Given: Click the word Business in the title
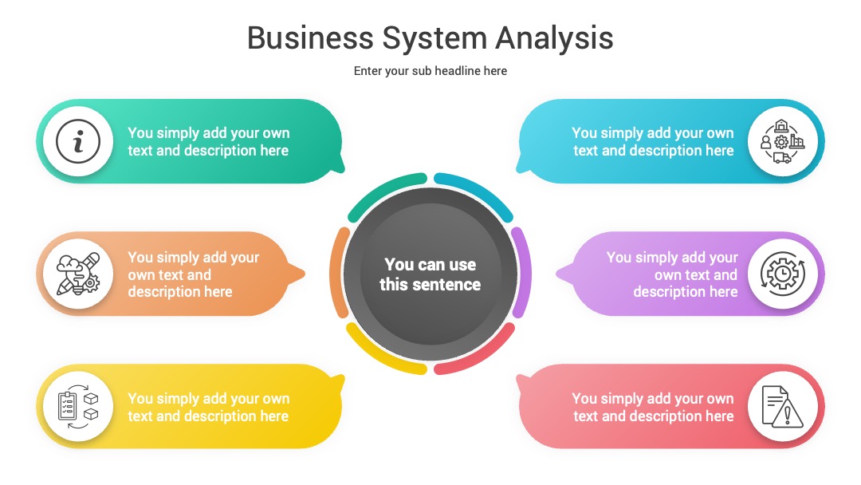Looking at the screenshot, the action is [x=310, y=38].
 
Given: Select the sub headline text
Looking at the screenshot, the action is [x=430, y=71].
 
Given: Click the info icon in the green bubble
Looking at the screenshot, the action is [x=78, y=142].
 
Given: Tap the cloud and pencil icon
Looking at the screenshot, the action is [x=78, y=274].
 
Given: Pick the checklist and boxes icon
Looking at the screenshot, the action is [x=78, y=407].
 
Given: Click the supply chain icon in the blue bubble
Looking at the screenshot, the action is [x=783, y=142].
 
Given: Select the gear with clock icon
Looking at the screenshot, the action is [x=783, y=274].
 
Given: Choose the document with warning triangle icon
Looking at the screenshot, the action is [x=783, y=407].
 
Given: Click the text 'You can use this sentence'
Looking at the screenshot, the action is [x=430, y=274].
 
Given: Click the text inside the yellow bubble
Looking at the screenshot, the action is [x=208, y=407].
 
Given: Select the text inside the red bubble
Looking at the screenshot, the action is [x=653, y=407].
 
